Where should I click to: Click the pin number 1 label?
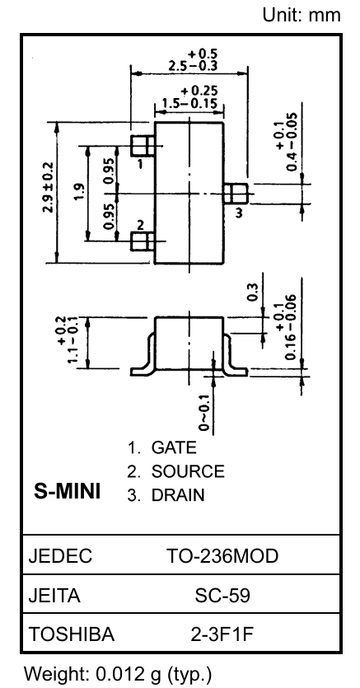[x=140, y=165]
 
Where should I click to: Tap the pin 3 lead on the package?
[x=236, y=193]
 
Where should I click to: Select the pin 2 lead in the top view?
[x=143, y=241]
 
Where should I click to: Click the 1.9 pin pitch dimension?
[x=79, y=192]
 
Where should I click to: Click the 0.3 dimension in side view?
[x=253, y=292]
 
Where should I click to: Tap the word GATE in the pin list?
[x=174, y=447]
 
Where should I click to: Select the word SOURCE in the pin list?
[x=188, y=471]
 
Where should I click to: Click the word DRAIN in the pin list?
[x=178, y=495]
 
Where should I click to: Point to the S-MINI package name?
[x=67, y=491]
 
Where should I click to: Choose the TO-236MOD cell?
[x=222, y=556]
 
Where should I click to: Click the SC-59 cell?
[x=222, y=596]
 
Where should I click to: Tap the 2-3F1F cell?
[x=222, y=634]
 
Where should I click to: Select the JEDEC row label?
[x=60, y=556]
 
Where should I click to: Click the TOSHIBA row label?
[x=72, y=634]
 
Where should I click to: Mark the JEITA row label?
[x=54, y=596]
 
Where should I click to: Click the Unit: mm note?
[x=302, y=16]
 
